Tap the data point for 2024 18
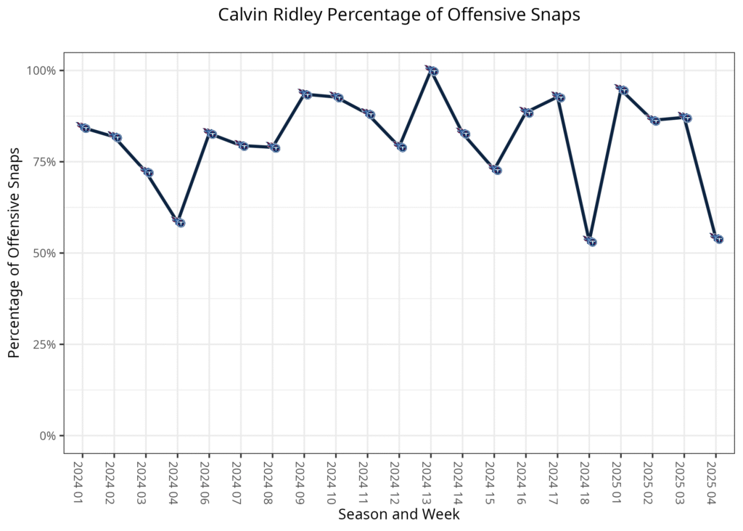pyautogui.click(x=591, y=241)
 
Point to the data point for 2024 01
pyautogui.click(x=85, y=128)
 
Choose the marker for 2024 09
pyautogui.click(x=306, y=94)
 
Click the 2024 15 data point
pyautogui.click(x=496, y=170)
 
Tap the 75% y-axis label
pyautogui.click(x=46, y=162)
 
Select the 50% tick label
pyautogui.click(x=46, y=254)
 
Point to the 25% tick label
pyautogui.click(x=46, y=344)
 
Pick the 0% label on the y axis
pyautogui.click(x=49, y=436)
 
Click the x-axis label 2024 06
pyautogui.click(x=209, y=479)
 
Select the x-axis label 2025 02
pyautogui.click(x=652, y=479)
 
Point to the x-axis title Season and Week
pyautogui.click(x=398, y=514)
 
